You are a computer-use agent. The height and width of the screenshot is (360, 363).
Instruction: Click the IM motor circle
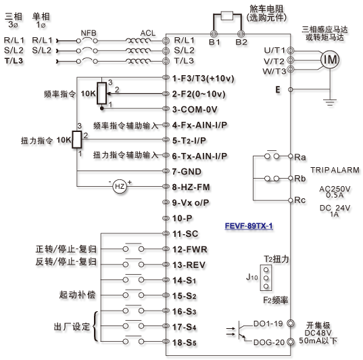coord(330,60)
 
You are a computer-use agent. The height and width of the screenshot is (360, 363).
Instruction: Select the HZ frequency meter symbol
coord(120,186)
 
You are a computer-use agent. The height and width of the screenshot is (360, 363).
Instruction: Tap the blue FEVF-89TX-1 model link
coord(249,226)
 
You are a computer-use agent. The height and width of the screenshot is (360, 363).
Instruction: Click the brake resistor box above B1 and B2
coord(227,16)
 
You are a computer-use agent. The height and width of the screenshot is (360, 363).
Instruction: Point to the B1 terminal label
coord(214,42)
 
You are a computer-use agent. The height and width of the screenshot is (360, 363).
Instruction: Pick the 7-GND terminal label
coord(187,171)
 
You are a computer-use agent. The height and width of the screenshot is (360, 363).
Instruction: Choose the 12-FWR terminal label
coord(190,250)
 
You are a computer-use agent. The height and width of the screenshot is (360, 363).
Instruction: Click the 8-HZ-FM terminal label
coord(191,187)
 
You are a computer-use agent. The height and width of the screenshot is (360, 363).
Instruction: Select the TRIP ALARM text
coord(335,170)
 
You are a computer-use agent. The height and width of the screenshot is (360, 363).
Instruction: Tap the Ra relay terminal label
coord(300,157)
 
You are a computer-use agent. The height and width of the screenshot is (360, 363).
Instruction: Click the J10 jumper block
coord(266,277)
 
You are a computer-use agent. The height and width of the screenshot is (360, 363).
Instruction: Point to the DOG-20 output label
coord(269,342)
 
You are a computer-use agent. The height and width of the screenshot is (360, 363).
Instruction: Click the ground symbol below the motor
coord(330,102)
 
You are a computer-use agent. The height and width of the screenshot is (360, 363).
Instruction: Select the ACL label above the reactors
coord(147,33)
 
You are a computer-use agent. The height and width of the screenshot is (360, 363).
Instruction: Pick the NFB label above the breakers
coord(89,33)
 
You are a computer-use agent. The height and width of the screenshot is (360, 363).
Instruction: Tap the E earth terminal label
coord(278,89)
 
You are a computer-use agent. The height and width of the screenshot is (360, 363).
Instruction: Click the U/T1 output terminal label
coord(274,50)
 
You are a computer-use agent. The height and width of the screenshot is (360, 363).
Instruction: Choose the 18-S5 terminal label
coord(185,342)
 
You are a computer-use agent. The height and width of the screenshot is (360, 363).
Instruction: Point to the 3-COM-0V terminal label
coord(195,109)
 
